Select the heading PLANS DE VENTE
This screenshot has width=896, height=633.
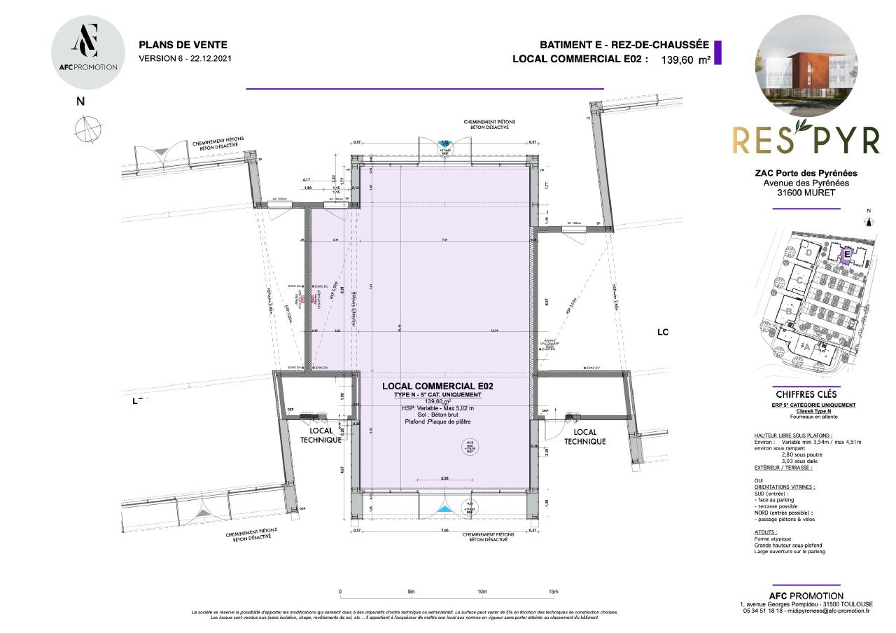coord(173,44)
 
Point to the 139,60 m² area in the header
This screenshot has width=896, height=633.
coord(685,60)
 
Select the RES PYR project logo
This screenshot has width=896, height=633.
coord(805,140)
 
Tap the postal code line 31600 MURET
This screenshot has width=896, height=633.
coord(806,193)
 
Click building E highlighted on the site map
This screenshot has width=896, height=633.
coord(846,256)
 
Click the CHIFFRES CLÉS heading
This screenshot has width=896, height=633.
coord(805,394)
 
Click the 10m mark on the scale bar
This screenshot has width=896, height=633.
coord(482,592)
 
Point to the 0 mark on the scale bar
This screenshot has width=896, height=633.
coord(340,592)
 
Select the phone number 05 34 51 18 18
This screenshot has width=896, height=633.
coord(766,611)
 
